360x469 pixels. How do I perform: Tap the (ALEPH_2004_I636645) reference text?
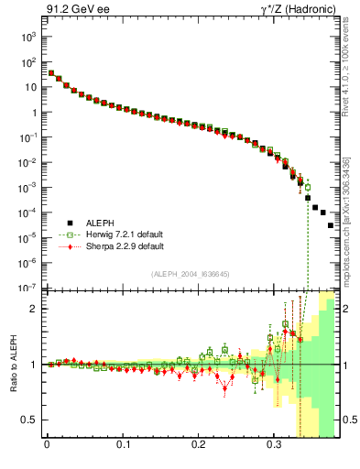[191, 274]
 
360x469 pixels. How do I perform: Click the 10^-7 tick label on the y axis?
[28, 288]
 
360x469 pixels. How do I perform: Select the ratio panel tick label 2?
[33, 309]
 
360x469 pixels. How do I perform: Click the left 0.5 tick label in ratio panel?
[28, 420]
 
